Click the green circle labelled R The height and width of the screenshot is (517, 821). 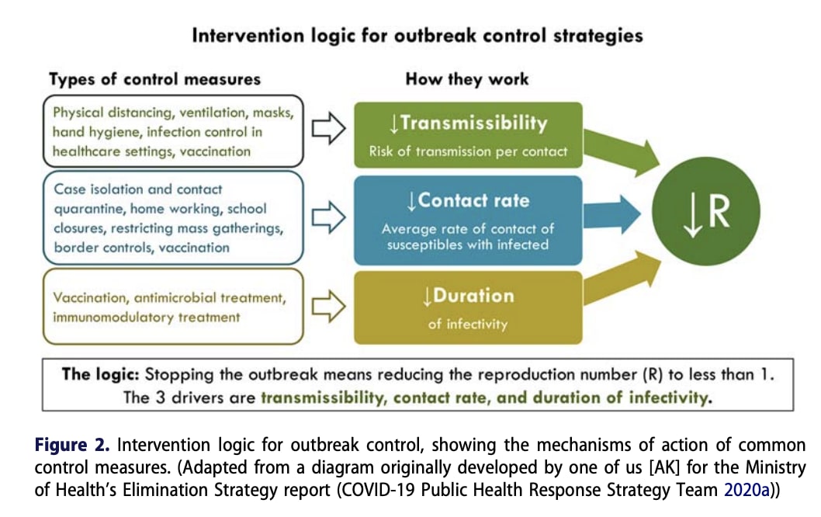[706, 211]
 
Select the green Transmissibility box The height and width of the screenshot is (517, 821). [468, 135]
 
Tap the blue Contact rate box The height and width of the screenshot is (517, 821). [468, 220]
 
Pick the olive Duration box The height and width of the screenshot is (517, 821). [468, 307]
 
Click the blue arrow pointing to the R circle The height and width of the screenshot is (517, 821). [612, 214]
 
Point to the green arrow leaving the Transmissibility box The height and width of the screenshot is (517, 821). [621, 152]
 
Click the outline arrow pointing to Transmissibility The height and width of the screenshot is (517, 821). [329, 128]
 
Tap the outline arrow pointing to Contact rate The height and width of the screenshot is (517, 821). [329, 217]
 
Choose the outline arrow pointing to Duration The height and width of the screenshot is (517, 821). [329, 307]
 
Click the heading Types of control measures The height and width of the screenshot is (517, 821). [155, 79]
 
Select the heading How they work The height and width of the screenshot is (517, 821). [467, 79]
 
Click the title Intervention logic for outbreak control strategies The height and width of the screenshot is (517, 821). [417, 36]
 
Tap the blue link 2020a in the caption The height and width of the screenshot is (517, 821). [747, 490]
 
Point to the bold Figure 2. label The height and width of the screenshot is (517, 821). [72, 445]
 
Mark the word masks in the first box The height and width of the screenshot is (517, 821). [273, 113]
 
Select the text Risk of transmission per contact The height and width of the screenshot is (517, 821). [468, 151]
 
